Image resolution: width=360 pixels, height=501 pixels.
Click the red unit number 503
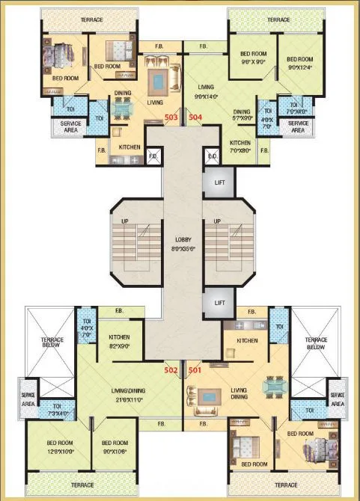171,117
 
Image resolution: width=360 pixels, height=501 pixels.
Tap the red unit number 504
195,117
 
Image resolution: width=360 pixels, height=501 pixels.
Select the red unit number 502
171,369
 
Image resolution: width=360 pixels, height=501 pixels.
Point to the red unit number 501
195,369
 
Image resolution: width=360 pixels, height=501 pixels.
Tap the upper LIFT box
219,182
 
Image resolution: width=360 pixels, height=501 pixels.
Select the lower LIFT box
219,303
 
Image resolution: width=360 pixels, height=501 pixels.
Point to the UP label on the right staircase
216,221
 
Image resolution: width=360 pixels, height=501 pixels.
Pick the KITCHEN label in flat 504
240,142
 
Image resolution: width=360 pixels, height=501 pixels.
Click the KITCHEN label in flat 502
120,337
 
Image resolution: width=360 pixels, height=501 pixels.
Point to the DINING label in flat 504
242,112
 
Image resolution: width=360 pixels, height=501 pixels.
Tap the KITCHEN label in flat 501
247,340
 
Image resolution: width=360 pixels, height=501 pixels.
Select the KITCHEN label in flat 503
129,147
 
